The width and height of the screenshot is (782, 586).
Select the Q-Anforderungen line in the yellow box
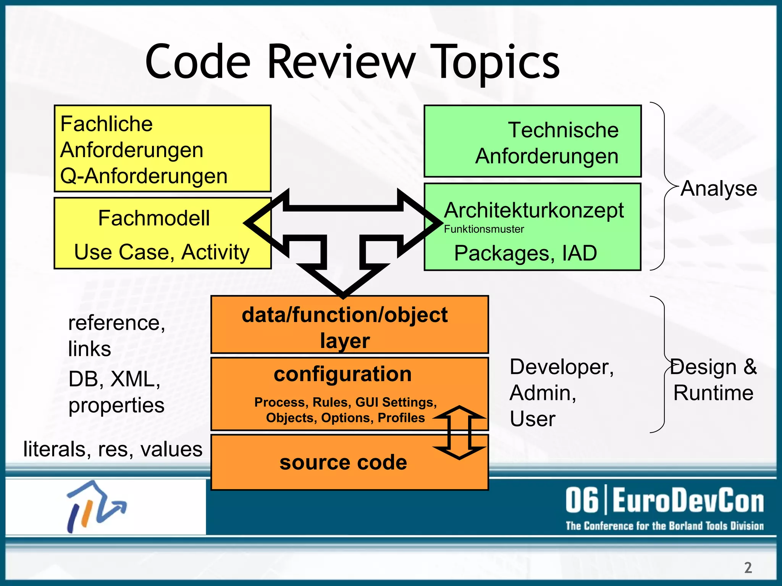144,176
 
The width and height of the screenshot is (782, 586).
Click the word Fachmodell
154,218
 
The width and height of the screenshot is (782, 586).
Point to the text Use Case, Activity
162,252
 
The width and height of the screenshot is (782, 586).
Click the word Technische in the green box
563,130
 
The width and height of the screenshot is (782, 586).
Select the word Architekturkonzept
534,210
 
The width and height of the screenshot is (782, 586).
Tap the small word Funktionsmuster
484,229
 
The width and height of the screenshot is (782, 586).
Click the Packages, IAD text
525,253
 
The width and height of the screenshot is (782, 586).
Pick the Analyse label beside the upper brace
719,188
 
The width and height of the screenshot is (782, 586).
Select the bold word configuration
343,374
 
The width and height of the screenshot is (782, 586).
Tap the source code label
343,463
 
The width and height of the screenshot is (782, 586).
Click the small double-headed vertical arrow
459,433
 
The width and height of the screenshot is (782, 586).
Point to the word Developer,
562,367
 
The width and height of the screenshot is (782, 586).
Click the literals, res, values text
113,449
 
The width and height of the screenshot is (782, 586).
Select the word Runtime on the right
713,393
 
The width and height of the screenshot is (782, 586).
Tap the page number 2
748,568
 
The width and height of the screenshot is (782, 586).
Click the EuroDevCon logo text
664,501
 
